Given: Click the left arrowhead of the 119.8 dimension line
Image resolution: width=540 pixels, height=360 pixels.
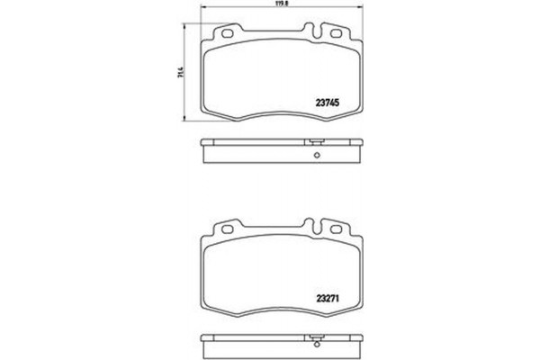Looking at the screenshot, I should tap(202, 8).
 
